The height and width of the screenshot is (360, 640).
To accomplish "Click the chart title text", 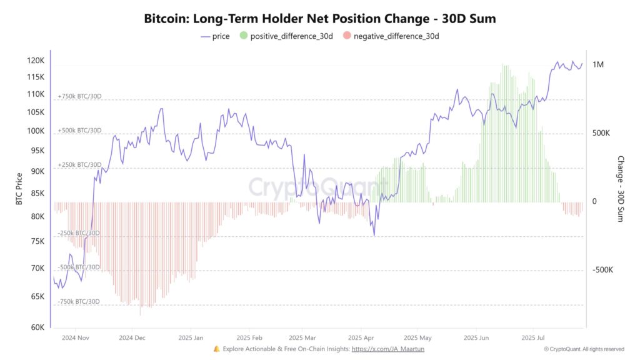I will [x=320, y=18].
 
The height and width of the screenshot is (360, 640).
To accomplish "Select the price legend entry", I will [x=215, y=36].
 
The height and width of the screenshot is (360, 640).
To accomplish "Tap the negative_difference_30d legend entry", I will [x=391, y=36].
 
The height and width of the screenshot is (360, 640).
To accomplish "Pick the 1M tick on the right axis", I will [x=598, y=65].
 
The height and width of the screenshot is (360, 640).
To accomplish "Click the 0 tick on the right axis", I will [x=594, y=201].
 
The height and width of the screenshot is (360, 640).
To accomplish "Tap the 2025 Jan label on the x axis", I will [x=190, y=337].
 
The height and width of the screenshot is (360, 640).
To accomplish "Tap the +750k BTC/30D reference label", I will [x=79, y=97].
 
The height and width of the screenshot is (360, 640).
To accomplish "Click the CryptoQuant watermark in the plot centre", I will [x=299, y=186].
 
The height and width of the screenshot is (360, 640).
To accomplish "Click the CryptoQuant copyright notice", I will [x=584, y=349].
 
